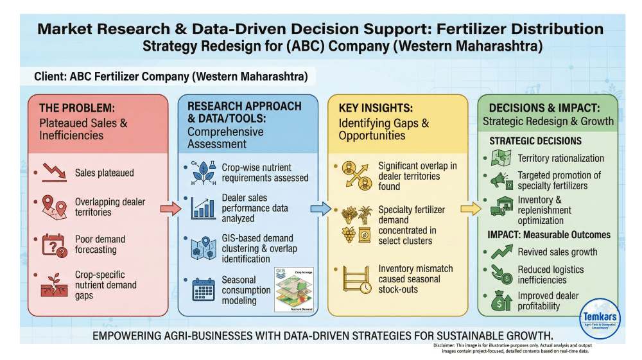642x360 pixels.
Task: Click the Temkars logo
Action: pyautogui.click(x=600, y=320)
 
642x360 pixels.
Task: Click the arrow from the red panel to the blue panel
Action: pyautogui.click(x=171, y=209)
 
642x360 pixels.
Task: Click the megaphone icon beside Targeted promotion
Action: pyautogui.click(x=499, y=179)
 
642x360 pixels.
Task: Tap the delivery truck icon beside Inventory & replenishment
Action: pyautogui.click(x=499, y=206)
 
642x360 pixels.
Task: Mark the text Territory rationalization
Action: pyautogui.click(x=560, y=158)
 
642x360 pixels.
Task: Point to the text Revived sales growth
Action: pyautogui.click(x=557, y=252)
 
